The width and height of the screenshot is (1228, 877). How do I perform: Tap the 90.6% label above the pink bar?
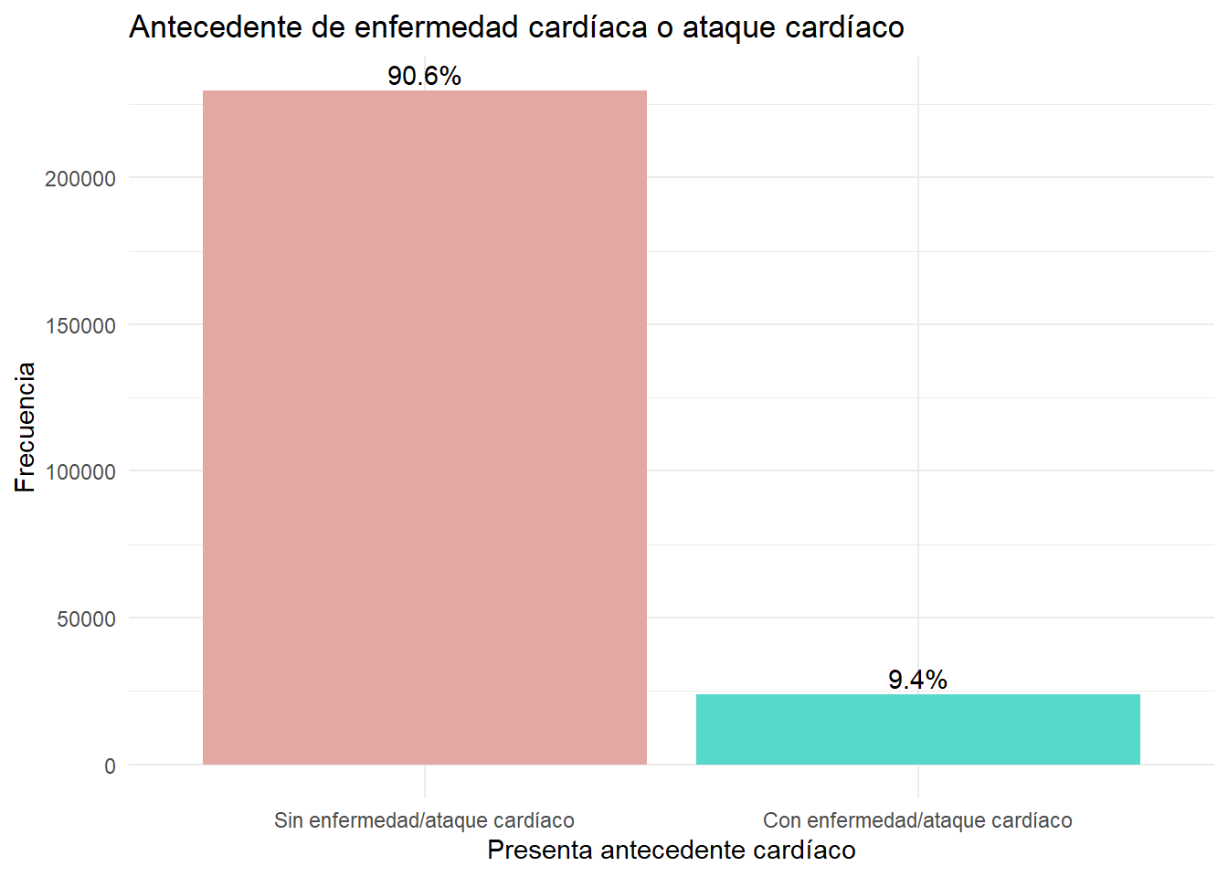click(x=424, y=76)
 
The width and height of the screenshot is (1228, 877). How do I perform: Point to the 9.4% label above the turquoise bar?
click(x=917, y=680)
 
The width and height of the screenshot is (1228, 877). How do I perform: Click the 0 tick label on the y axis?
click(x=110, y=766)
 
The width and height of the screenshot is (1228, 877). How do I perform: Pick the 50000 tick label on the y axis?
click(x=87, y=618)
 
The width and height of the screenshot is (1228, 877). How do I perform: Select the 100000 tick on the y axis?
click(x=80, y=472)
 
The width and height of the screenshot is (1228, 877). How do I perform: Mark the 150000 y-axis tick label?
click(x=80, y=325)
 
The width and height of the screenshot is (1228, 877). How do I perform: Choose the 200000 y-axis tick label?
click(x=80, y=179)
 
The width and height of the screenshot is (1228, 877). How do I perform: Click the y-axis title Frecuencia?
click(x=26, y=428)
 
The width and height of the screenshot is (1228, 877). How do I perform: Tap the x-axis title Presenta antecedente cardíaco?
click(x=672, y=850)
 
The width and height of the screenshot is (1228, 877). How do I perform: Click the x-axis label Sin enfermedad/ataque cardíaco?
click(x=424, y=820)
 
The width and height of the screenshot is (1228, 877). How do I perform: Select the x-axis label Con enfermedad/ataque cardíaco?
click(x=917, y=820)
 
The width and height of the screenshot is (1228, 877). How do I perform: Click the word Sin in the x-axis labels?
click(x=289, y=820)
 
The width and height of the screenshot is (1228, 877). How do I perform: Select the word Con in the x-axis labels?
click(x=782, y=820)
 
